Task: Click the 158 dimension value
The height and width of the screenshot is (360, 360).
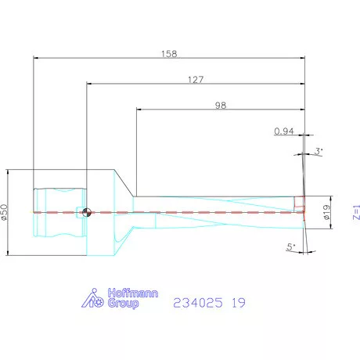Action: (x=168, y=54)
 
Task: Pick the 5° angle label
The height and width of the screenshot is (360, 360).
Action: (x=290, y=247)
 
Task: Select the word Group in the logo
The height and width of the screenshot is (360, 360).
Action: (x=124, y=304)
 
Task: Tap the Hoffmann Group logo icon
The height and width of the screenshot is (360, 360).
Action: (x=95, y=299)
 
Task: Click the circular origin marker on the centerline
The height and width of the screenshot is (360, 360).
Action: (x=86, y=211)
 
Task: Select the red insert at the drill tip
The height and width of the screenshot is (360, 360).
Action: (x=299, y=204)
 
